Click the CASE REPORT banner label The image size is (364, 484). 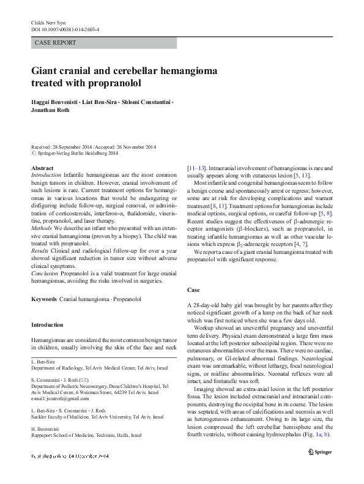pos(56,43)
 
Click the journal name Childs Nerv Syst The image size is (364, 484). pos(48,22)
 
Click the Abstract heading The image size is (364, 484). pos(42,168)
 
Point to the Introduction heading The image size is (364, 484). pos(50,325)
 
